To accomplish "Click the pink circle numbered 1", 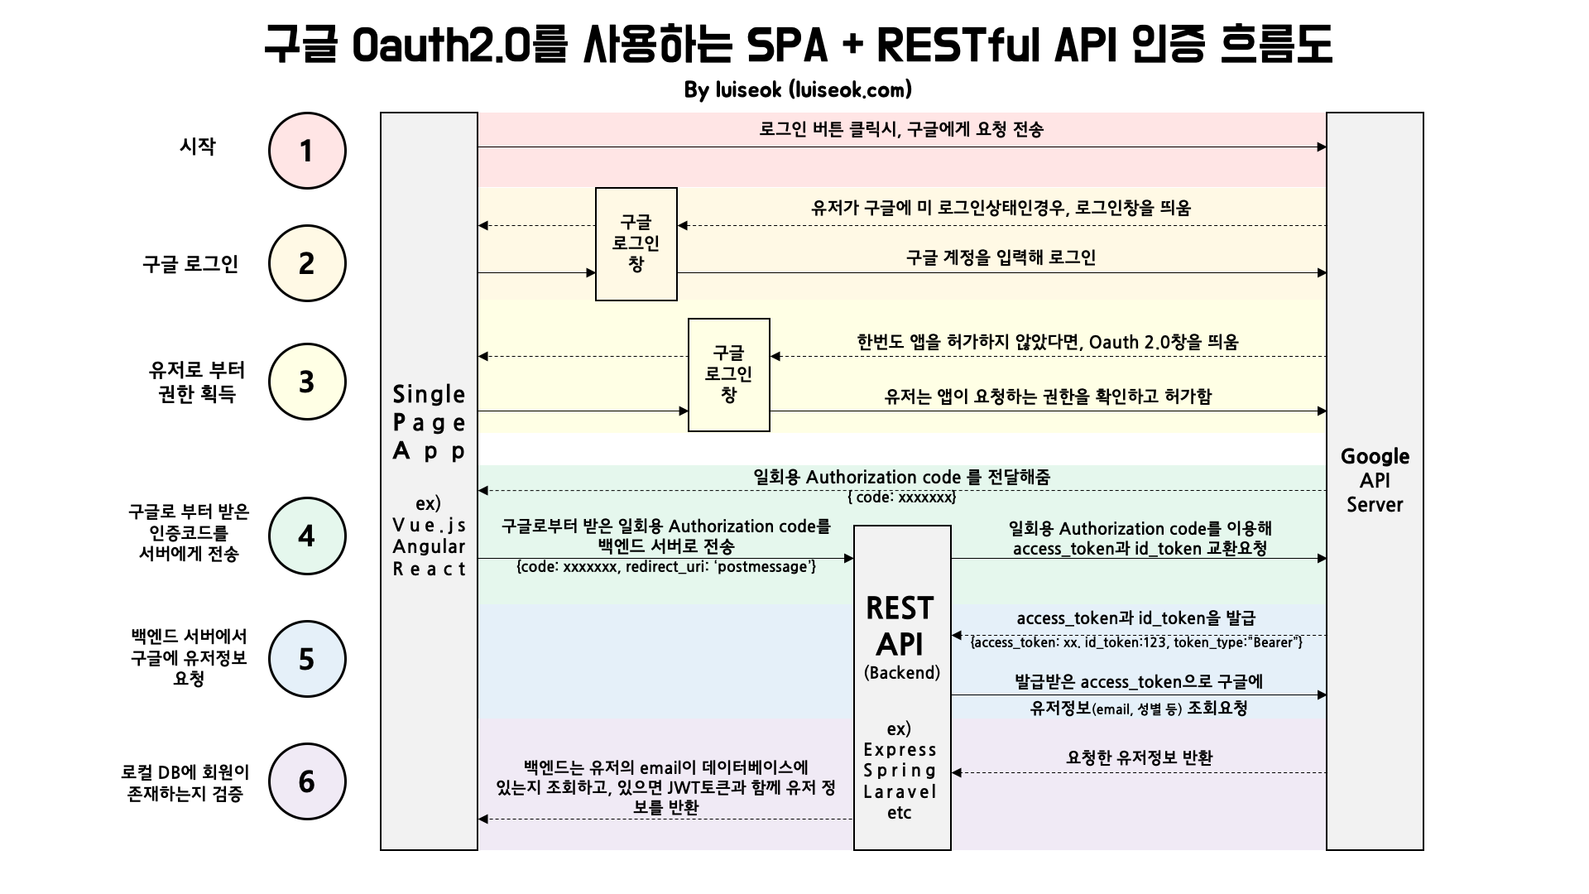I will click(x=307, y=151).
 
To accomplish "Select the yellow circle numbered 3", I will click(x=307, y=382).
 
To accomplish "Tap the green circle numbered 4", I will click(x=307, y=536).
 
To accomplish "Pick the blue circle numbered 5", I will click(x=307, y=659).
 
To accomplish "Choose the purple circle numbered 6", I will click(x=307, y=781).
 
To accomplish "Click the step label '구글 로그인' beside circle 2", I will click(x=190, y=264).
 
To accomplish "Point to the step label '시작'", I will click(x=197, y=147).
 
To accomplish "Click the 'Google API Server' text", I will click(x=1375, y=480).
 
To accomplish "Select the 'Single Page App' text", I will click(x=429, y=422).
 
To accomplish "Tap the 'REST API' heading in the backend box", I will click(x=900, y=626).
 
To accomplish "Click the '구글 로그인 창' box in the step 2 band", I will click(x=636, y=243).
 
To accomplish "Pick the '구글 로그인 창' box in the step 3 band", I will click(x=728, y=374).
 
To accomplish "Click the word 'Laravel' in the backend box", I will click(x=900, y=791).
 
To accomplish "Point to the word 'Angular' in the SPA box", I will click(x=429, y=546).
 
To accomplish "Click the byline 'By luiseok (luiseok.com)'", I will click(x=798, y=89).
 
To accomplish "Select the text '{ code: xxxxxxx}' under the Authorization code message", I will click(x=901, y=497).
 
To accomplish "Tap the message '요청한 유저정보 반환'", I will click(x=1139, y=757).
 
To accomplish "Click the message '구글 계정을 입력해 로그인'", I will click(x=1001, y=257).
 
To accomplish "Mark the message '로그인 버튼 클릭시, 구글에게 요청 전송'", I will click(x=901, y=129).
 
